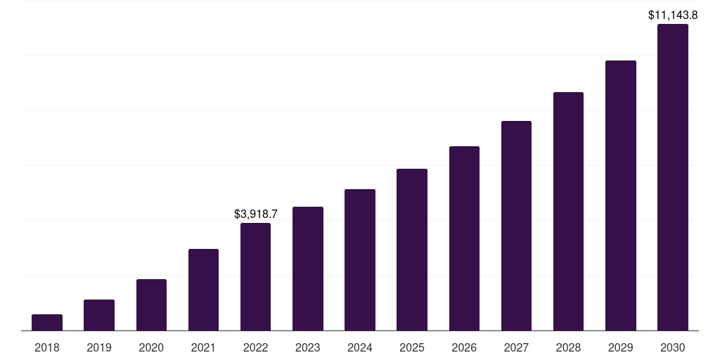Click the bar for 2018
click(47, 323)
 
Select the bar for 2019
click(99, 315)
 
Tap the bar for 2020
click(151, 305)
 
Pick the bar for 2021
click(203, 290)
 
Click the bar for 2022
click(255, 277)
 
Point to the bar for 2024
click(360, 260)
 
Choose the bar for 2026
click(464, 238)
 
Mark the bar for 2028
click(568, 212)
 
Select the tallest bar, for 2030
click(673, 177)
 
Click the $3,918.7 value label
click(256, 214)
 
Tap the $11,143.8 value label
click(673, 15)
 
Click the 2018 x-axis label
click(47, 347)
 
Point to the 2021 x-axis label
click(203, 347)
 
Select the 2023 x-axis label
click(308, 347)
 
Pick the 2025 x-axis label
click(412, 347)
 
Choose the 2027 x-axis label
click(516, 347)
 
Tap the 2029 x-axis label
click(620, 347)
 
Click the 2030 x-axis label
click(673, 347)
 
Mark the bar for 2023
click(308, 269)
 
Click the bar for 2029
click(620, 195)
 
